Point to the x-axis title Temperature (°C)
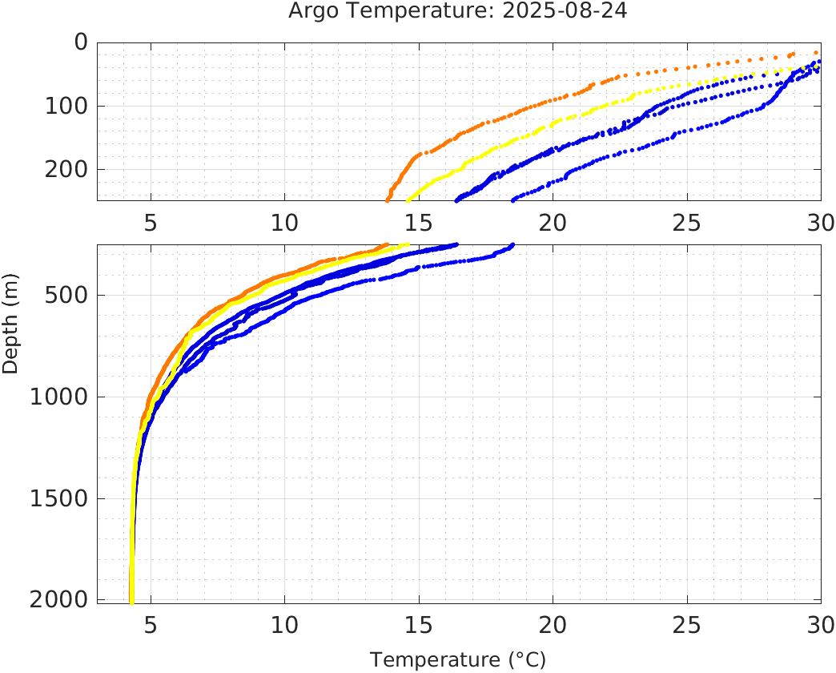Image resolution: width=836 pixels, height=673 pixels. click(458, 660)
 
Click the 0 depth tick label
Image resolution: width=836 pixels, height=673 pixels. click(80, 42)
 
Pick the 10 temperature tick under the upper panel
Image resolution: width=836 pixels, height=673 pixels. click(284, 222)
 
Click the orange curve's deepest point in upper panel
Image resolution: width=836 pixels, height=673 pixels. click(388, 199)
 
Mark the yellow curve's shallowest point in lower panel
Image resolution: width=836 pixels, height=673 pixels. click(408, 244)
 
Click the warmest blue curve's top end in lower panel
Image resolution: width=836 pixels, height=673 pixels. click(512, 244)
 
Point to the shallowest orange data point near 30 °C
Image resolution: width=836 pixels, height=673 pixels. click(816, 52)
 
